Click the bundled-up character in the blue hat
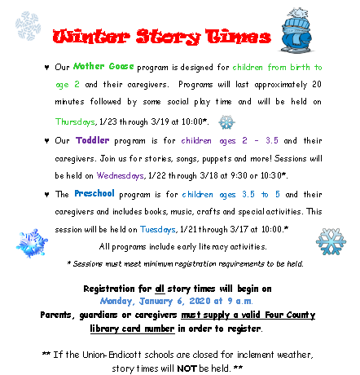pos(296,30)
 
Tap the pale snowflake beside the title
pos(28,26)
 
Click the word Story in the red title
pos(168,37)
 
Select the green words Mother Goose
pos(103,66)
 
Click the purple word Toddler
pos(93,140)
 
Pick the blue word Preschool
pos(94,193)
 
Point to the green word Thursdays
pos(75,121)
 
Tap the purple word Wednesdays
pos(121,175)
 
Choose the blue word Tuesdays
pos(158,230)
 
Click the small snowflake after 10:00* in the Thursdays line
pos(226,122)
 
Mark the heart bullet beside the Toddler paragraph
pos(46,140)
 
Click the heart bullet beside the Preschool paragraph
pos(46,194)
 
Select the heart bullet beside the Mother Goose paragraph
pos(46,67)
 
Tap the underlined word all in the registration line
pos(160,289)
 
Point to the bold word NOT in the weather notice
pos(187,368)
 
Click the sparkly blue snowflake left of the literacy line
pos(32,243)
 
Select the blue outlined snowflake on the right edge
pos(331,241)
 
